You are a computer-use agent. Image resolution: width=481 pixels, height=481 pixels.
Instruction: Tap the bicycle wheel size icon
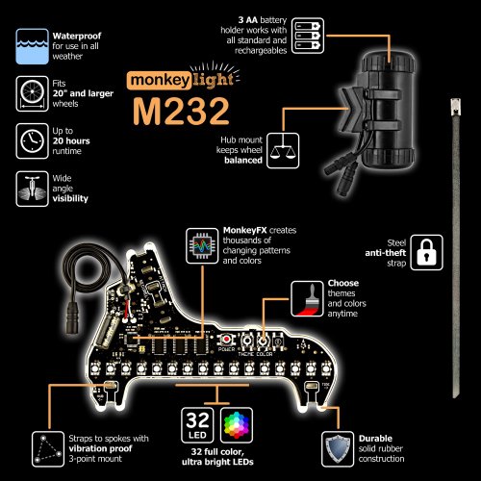pyautogui.click(x=30, y=91)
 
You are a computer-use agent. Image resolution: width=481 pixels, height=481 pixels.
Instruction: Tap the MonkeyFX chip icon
pyautogui.click(x=201, y=245)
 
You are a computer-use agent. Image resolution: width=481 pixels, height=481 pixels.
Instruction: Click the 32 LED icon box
pyautogui.click(x=199, y=424)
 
